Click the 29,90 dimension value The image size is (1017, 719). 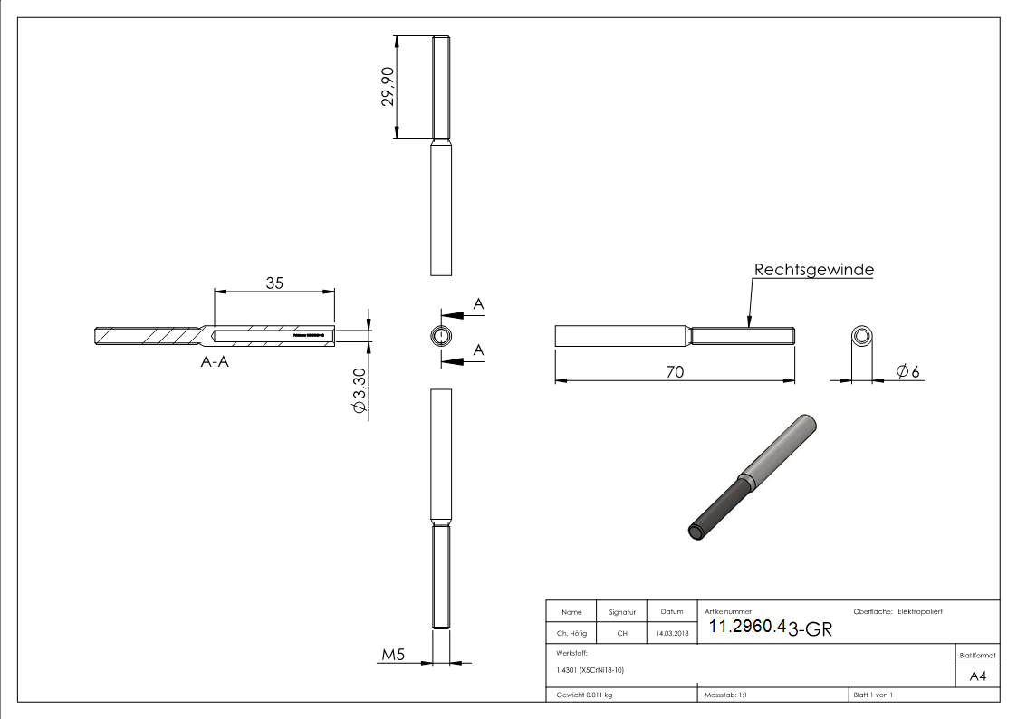(388, 87)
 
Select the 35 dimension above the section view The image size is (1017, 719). (274, 283)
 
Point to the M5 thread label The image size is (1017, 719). (392, 655)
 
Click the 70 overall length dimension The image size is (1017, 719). (674, 371)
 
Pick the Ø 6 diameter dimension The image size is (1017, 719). (908, 371)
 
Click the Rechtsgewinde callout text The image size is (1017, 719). (813, 270)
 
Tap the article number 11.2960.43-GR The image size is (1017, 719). (769, 628)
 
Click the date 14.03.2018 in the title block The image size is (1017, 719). (672, 634)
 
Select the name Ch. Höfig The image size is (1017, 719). (571, 634)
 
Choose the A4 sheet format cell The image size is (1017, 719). (977, 676)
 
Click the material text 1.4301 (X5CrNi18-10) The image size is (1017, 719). (590, 669)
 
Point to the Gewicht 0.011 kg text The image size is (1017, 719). (584, 695)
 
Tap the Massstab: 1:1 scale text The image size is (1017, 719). (724, 695)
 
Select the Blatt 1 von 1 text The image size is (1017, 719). (873, 695)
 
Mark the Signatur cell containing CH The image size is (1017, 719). (622, 634)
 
